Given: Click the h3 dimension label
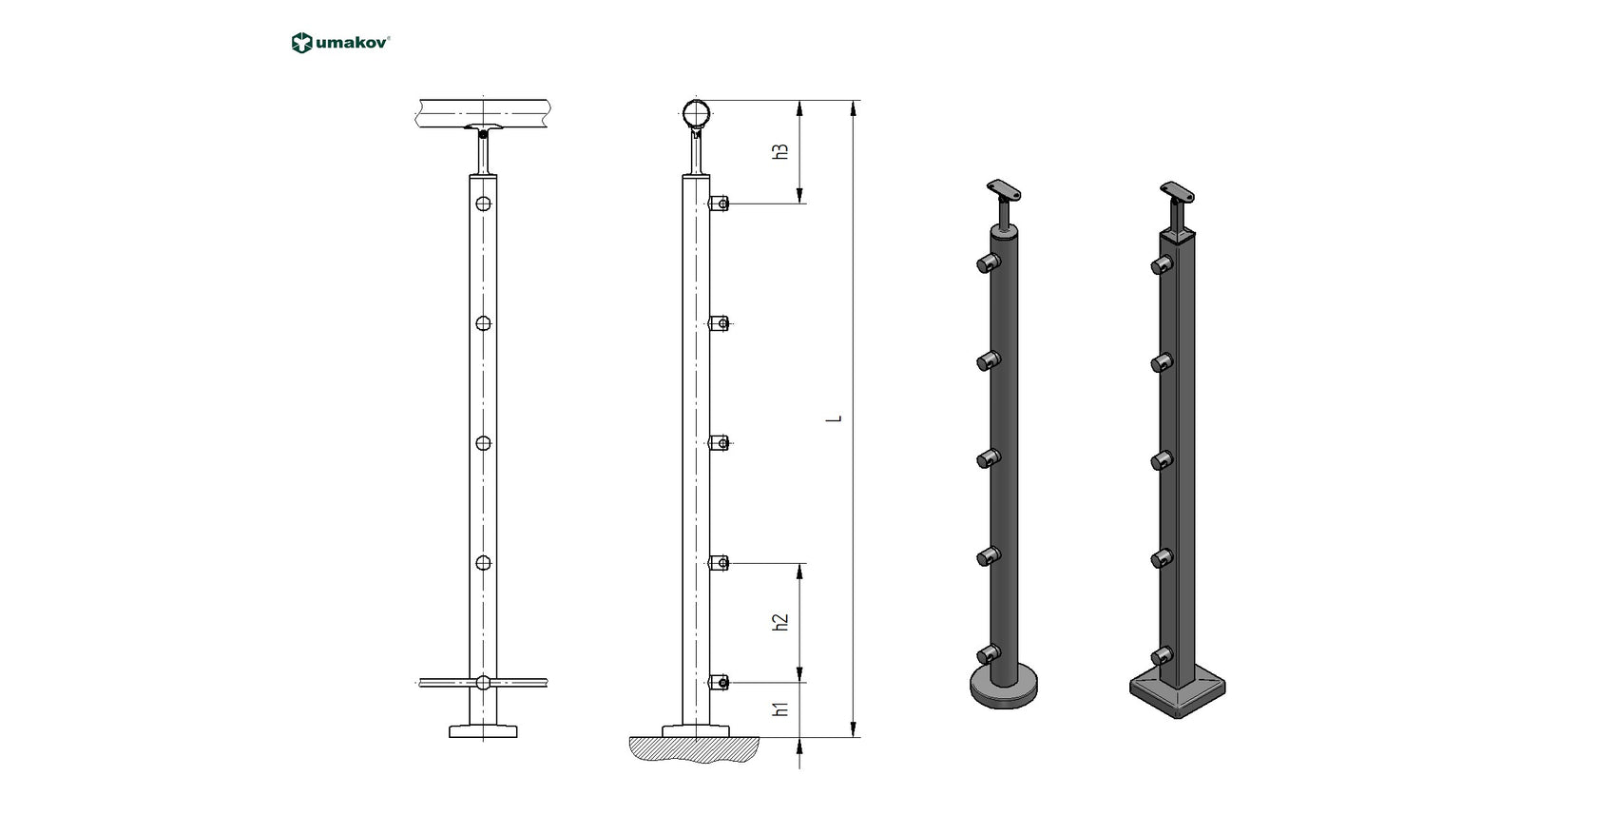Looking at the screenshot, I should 780,151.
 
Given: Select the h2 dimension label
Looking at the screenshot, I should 780,622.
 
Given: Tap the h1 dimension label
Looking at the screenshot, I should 780,708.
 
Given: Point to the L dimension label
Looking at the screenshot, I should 837,418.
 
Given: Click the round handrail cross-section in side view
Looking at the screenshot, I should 697,114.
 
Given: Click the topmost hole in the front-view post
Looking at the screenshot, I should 484,204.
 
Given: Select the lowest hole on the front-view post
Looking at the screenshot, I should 484,682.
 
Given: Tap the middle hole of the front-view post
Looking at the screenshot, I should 484,443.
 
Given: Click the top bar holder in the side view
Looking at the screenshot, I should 720,204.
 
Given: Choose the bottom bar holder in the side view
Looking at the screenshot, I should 720,682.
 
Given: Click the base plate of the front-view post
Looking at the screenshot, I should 484,730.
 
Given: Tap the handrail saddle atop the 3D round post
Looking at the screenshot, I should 1006,189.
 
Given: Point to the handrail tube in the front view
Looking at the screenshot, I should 484,113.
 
